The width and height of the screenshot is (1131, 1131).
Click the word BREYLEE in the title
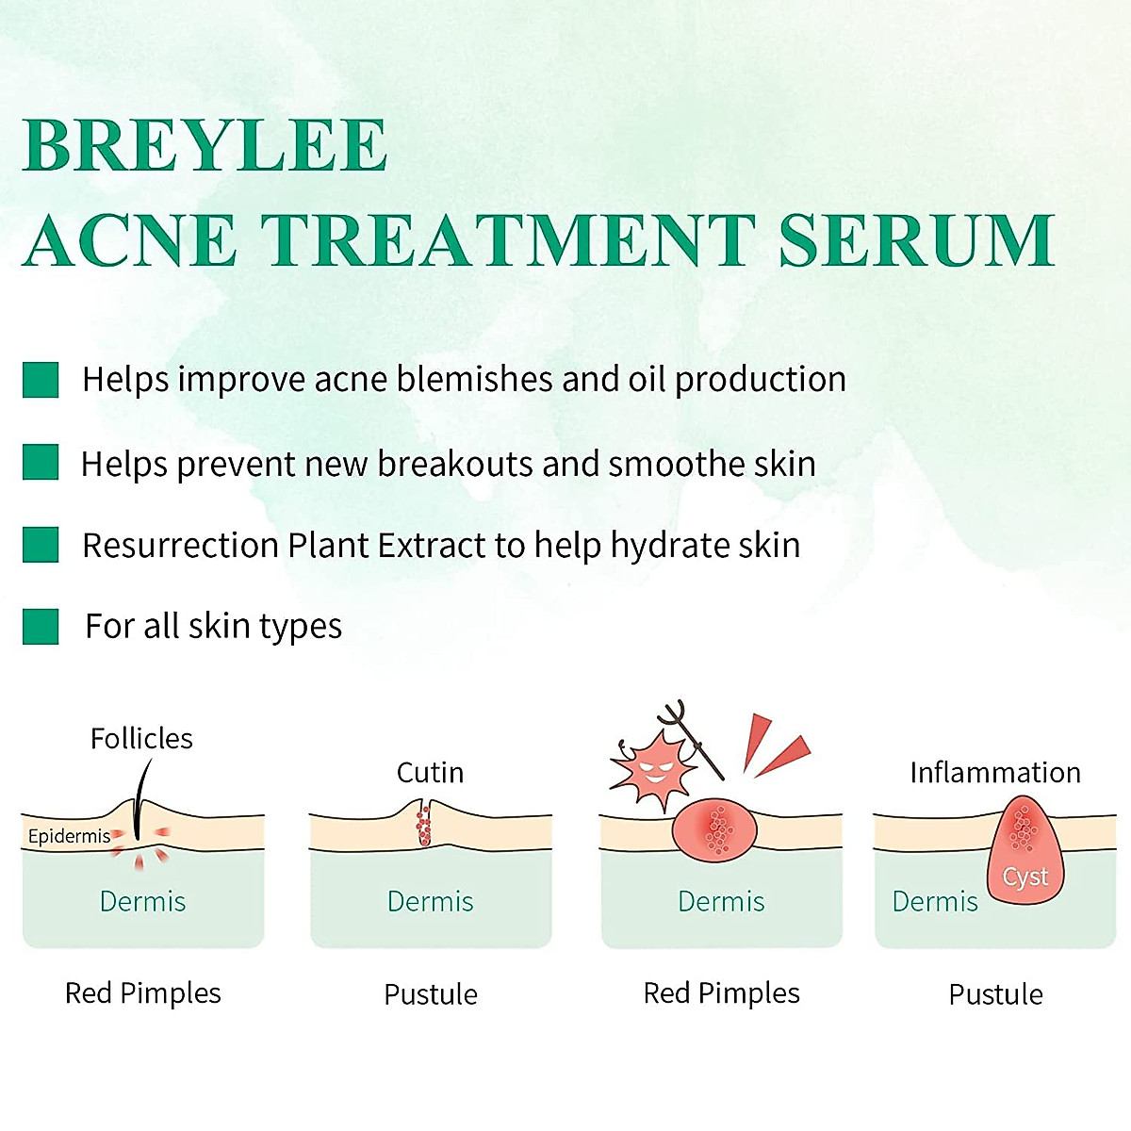point(205,144)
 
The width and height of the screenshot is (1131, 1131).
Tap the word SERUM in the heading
point(917,240)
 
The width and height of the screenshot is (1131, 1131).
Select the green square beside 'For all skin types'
point(41,626)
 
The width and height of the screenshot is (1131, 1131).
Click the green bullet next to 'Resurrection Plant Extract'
point(41,545)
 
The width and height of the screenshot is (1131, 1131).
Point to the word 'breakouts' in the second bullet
point(455,464)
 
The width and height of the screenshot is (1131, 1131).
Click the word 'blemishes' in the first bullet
point(475,379)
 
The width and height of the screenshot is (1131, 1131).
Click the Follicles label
point(141,738)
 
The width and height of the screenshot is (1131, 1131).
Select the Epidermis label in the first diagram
point(69,836)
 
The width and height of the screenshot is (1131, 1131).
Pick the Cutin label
point(430,773)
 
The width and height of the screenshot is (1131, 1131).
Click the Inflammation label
point(995,773)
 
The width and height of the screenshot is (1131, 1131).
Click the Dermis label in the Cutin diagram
point(430,902)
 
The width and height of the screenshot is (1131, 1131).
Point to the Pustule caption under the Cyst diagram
point(996,995)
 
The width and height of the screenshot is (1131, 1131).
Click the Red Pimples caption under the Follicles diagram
point(142,994)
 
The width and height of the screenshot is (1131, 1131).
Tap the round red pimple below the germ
point(714,829)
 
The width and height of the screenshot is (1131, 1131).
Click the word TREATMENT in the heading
point(509,240)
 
